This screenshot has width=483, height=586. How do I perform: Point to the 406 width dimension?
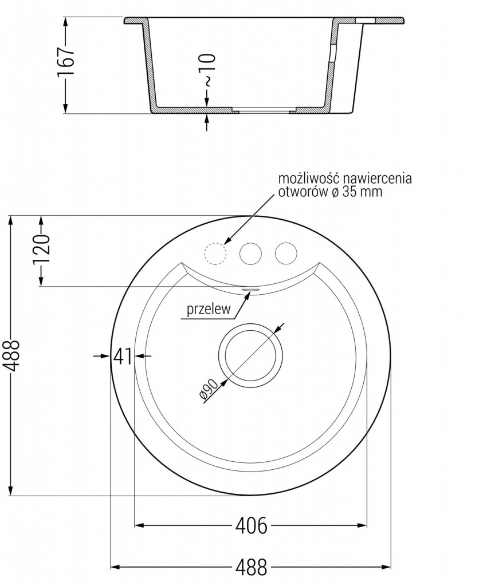click(251, 525)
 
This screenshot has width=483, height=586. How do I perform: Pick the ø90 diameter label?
click(207, 392)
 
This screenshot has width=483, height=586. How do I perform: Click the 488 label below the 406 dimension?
click(251, 567)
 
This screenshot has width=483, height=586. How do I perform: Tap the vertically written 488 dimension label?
click(12, 355)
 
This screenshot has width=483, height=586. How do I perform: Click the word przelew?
click(208, 310)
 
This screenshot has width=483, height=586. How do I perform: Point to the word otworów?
click(303, 192)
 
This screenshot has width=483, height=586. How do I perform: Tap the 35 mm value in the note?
click(362, 192)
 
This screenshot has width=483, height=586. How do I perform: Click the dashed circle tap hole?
click(215, 253)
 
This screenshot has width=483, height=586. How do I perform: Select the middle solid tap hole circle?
click(250, 253)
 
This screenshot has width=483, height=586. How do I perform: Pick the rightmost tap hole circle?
click(285, 253)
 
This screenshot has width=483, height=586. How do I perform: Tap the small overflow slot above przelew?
click(251, 291)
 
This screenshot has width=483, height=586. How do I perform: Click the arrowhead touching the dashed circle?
click(227, 243)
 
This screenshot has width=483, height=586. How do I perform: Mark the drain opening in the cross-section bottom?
click(264, 109)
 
